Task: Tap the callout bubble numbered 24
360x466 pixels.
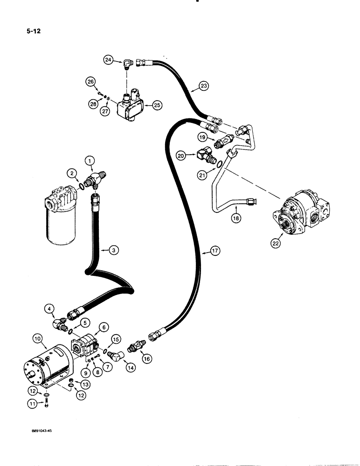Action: pyautogui.click(x=108, y=60)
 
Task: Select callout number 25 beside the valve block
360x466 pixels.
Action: pyautogui.click(x=157, y=105)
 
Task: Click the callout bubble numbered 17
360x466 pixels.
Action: pyautogui.click(x=215, y=251)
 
